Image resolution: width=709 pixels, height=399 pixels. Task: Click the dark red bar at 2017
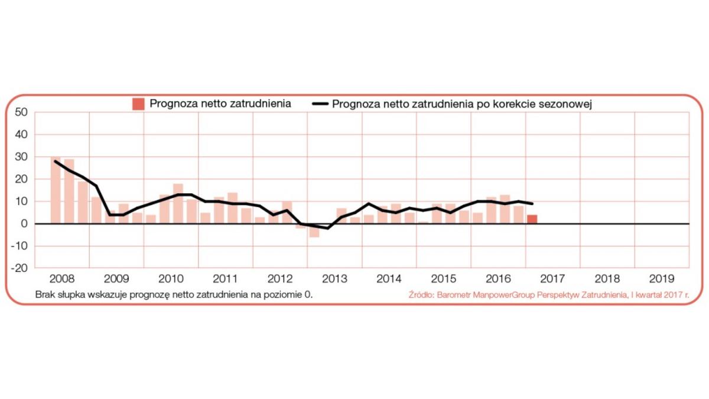click(x=532, y=219)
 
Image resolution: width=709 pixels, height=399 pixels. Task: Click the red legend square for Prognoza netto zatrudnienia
click(x=138, y=104)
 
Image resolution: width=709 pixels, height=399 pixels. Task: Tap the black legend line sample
click(x=320, y=104)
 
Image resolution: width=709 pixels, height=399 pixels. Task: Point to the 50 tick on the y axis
click(x=21, y=112)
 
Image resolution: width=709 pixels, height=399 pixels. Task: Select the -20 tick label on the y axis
click(x=19, y=268)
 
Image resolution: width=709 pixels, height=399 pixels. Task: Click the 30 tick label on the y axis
click(x=21, y=157)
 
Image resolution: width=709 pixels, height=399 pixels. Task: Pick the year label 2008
click(x=61, y=278)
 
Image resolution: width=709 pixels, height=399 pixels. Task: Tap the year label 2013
click(x=334, y=278)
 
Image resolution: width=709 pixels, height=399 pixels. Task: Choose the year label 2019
click(x=661, y=278)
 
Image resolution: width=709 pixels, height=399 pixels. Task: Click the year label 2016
click(x=498, y=278)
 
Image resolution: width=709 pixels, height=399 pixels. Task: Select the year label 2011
click(x=225, y=278)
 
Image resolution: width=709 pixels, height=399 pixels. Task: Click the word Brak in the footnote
click(x=45, y=294)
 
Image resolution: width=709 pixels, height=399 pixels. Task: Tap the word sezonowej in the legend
click(x=571, y=104)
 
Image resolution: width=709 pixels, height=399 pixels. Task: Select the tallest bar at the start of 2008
click(x=56, y=190)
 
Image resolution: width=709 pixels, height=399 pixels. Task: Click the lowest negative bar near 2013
click(x=314, y=231)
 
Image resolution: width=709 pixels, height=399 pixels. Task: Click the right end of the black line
click(x=533, y=203)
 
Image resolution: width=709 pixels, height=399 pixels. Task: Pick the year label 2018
click(x=607, y=278)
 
